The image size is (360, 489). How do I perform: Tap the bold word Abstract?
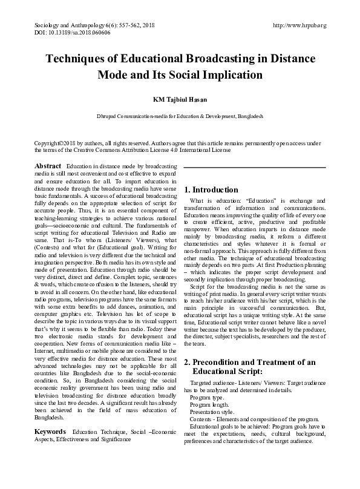[x=48, y=166]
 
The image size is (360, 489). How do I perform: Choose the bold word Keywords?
[x=50, y=432]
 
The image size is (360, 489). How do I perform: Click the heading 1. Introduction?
[x=211, y=189]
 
